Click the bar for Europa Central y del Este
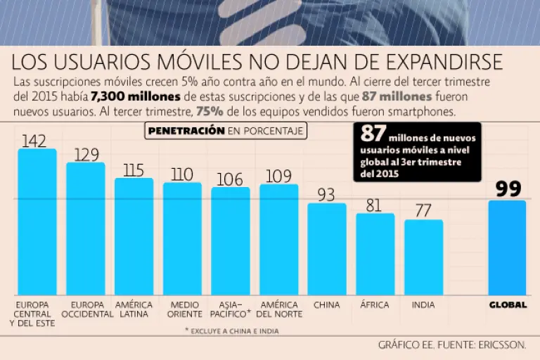[x=37, y=221]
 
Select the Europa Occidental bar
[x=85, y=229]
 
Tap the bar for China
[x=327, y=249]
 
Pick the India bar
[x=423, y=257]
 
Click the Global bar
[x=508, y=247]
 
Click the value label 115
[x=132, y=170]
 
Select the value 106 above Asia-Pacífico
[x=230, y=179]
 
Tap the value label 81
[x=374, y=205]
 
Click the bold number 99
[x=508, y=188]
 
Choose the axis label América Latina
[x=134, y=309]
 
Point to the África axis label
[x=374, y=305]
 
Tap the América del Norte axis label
[x=279, y=309]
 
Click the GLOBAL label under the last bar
[x=508, y=305]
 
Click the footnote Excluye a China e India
[x=231, y=330]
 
